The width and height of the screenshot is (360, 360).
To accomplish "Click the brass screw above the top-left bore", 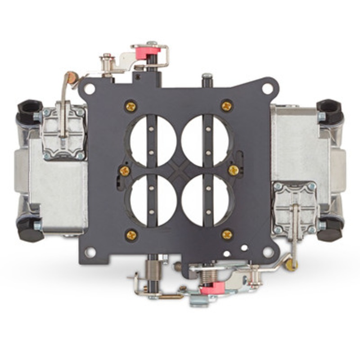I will [131, 106].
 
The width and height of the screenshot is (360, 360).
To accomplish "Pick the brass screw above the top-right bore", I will [226, 106].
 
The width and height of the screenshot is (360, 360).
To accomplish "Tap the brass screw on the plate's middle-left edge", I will [125, 171].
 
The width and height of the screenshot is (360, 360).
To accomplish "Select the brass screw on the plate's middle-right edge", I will [233, 170].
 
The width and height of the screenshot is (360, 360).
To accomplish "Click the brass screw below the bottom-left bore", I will [131, 234].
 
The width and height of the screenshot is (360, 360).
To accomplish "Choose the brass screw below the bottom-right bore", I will [227, 234].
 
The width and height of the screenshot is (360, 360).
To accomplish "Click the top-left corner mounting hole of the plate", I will [90, 89].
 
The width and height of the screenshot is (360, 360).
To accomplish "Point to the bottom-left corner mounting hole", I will [90, 252].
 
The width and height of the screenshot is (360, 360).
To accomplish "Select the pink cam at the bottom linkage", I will [212, 288].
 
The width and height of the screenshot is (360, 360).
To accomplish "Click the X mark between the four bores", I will [179, 170].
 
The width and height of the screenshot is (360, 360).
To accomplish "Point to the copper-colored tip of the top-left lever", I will [71, 78].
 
